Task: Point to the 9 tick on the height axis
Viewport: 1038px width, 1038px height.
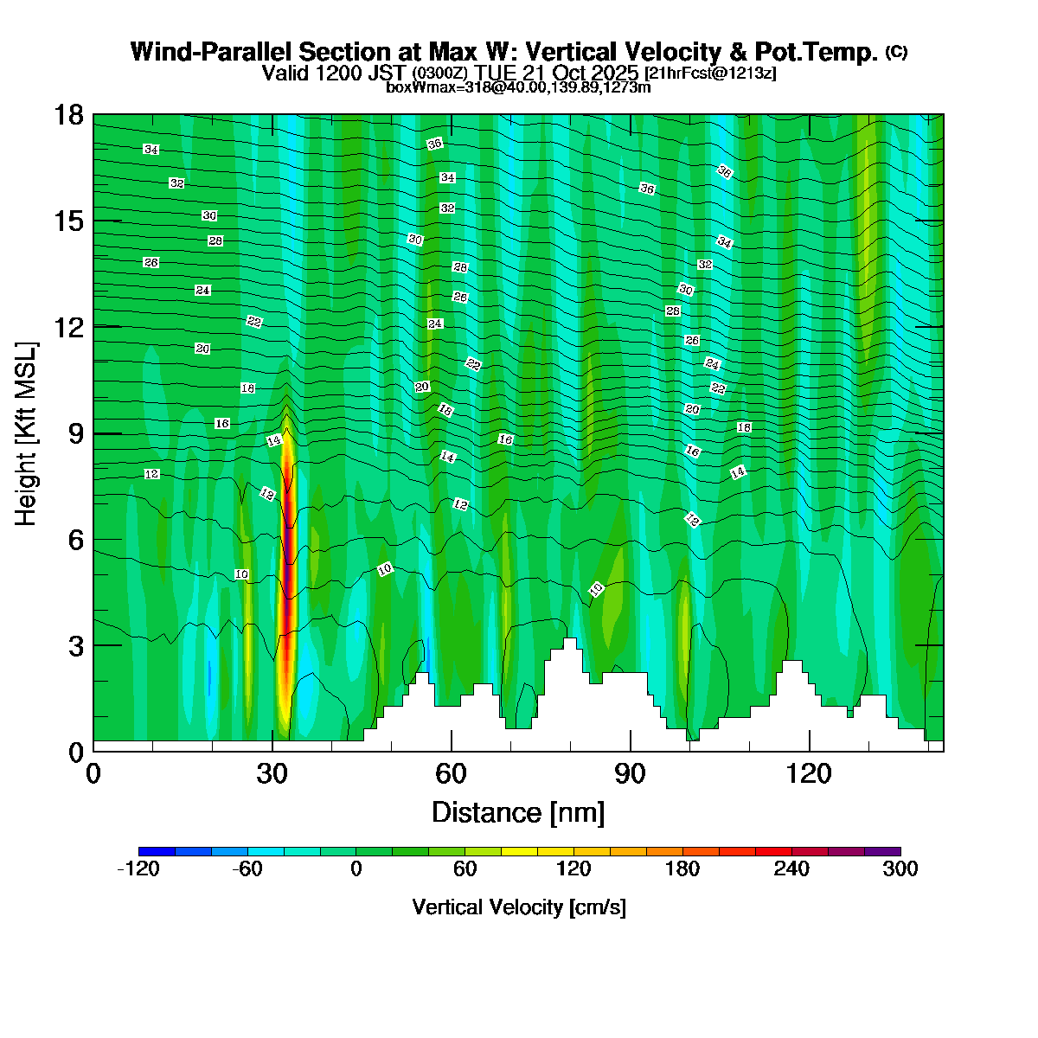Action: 93,433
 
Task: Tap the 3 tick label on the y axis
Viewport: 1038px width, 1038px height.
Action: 74,646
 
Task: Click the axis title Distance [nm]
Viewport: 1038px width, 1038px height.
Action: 517,812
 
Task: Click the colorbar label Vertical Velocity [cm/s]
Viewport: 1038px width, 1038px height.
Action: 519,907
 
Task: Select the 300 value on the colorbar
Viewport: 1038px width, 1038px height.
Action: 900,869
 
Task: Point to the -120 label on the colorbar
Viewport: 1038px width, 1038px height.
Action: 138,869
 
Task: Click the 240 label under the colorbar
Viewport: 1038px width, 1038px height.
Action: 791,869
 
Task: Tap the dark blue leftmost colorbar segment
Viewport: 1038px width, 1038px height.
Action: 157,851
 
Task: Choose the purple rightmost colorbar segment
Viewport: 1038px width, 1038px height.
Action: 882,851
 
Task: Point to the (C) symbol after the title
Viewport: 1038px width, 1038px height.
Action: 896,52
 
